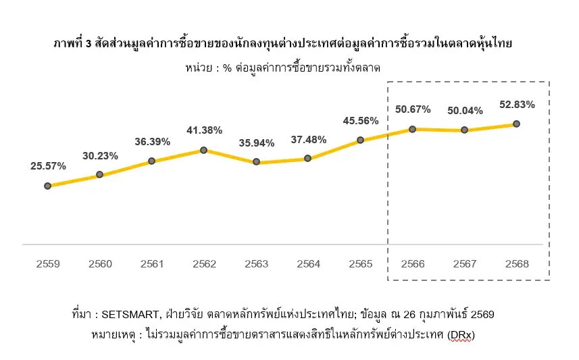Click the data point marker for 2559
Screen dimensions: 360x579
[47, 186]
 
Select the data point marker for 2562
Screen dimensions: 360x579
[203, 150]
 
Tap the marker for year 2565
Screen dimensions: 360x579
[360, 140]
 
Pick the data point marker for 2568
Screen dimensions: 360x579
[516, 124]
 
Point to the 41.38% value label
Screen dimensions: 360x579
[203, 130]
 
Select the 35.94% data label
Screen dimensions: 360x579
[256, 143]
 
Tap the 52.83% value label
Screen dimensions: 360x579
[516, 105]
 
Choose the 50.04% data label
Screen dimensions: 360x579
[464, 111]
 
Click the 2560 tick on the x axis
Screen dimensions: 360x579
[100, 263]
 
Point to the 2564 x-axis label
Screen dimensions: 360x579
[308, 263]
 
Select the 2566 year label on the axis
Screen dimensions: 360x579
[412, 263]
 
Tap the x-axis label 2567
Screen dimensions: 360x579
[464, 263]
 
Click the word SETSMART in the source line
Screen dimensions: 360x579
[129, 315]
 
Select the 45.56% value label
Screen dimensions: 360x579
[360, 121]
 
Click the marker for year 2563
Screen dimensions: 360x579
[256, 162]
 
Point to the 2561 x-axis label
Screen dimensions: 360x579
[152, 263]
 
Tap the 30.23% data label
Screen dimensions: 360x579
[100, 156]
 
